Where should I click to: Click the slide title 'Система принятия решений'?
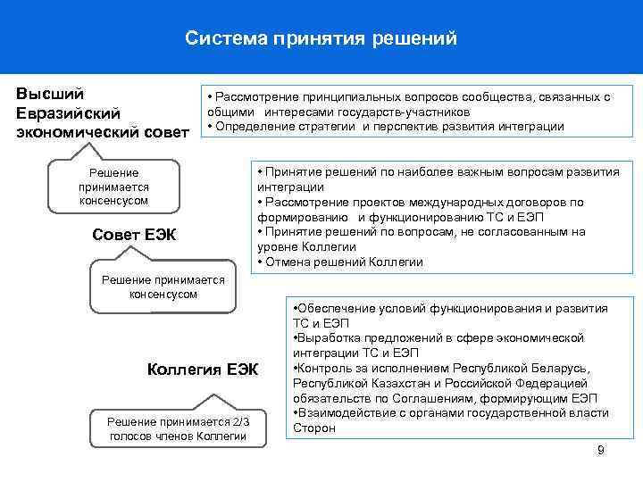pyautogui.click(x=321, y=38)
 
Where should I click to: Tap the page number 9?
pyautogui.click(x=601, y=449)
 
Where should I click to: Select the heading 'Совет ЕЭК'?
pyautogui.click(x=134, y=235)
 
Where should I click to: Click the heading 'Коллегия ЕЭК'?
pyautogui.click(x=200, y=369)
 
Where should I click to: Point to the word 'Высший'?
pyautogui.click(x=51, y=94)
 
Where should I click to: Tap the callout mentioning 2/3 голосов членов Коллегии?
pyautogui.click(x=177, y=428)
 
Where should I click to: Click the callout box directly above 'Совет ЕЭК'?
pyautogui.click(x=113, y=187)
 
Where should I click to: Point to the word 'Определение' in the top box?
pyautogui.click(x=249, y=126)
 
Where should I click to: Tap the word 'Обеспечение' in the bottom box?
pyautogui.click(x=337, y=308)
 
